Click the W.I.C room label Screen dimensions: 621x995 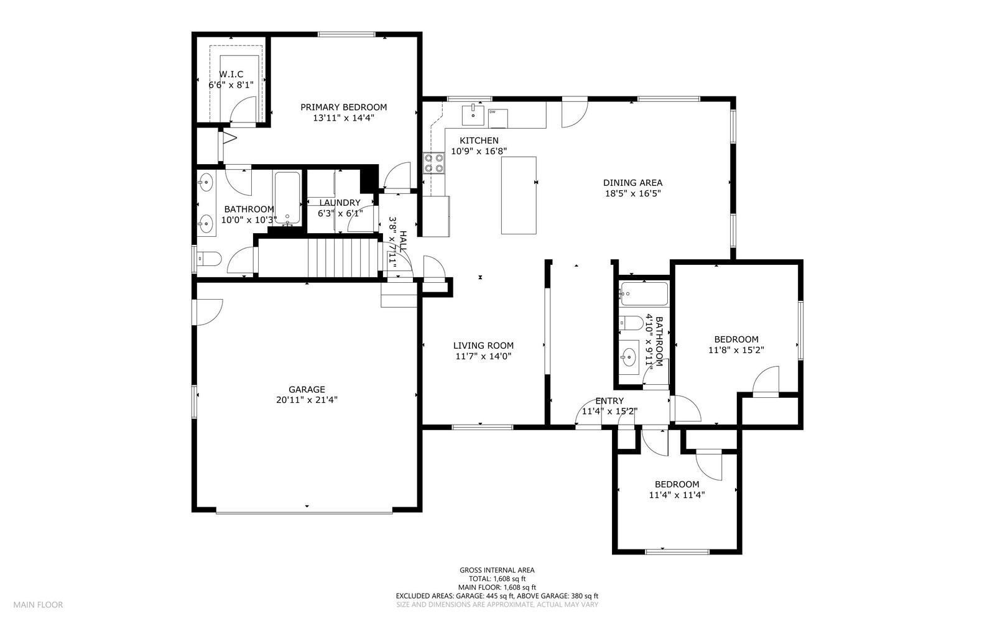[231, 75]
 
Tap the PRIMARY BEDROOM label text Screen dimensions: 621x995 [343, 107]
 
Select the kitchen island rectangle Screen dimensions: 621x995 [519, 195]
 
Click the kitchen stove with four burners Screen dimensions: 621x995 [433, 163]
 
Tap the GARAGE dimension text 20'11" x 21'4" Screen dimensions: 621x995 [307, 400]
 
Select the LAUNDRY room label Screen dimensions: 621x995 [340, 203]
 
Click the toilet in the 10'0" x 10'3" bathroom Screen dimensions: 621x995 [207, 259]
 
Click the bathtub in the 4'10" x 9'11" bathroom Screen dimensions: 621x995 [644, 293]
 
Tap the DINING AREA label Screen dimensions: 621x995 [632, 183]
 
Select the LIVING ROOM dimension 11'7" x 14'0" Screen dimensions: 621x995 [483, 356]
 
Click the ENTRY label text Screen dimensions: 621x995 [609, 401]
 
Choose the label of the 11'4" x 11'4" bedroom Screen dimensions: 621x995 [677, 484]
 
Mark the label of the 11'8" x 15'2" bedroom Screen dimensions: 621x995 [736, 339]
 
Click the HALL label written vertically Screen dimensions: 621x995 [403, 241]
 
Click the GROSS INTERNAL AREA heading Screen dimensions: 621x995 [496, 570]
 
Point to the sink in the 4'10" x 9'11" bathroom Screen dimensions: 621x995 [629, 357]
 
